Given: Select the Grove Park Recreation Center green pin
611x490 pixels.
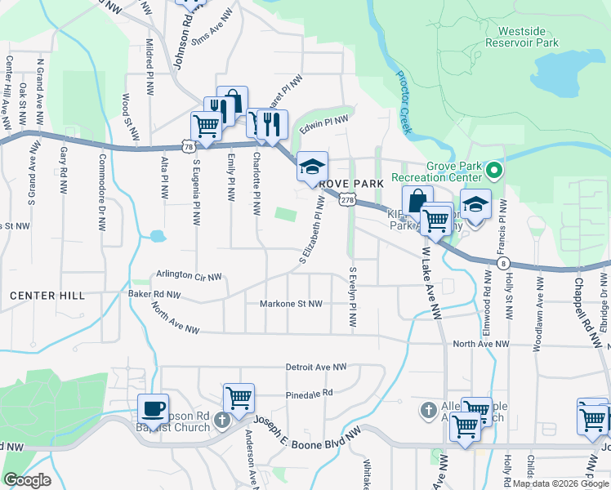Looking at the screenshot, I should point(493,171).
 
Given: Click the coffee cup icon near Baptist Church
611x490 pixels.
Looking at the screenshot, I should point(153,408).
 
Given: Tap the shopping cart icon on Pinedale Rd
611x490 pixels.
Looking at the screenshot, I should point(239,398).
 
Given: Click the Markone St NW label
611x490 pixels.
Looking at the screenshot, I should point(291,304).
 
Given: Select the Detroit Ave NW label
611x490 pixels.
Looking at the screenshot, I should point(316,367).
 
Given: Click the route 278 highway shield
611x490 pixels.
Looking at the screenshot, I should point(348,199).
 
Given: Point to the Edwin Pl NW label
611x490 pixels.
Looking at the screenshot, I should point(323,124).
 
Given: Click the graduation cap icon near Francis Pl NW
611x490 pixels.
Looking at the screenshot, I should point(475,203).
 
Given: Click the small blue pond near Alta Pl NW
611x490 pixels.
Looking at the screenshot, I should point(155,238).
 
